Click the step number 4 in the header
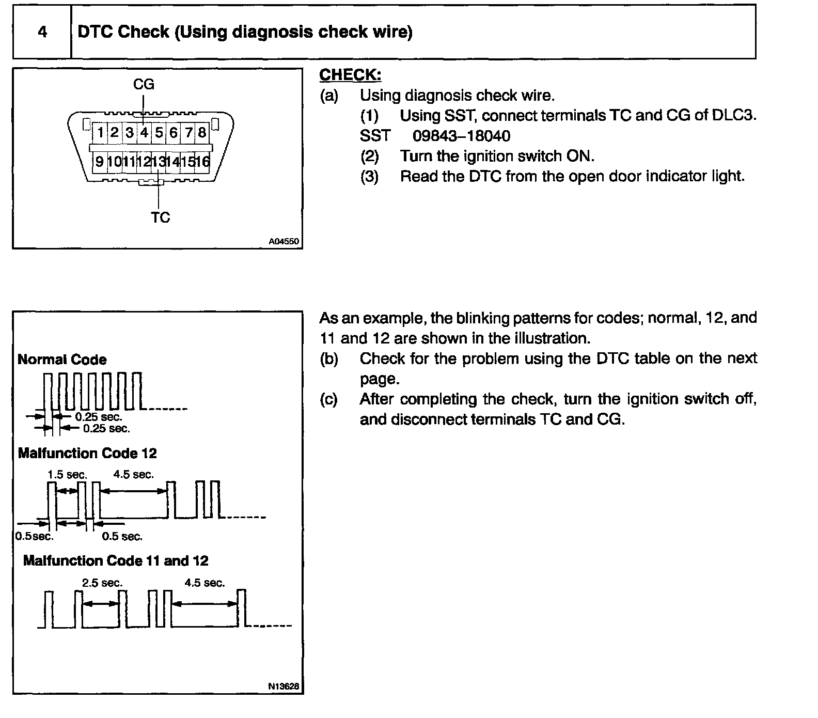pos(42,32)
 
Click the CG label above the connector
pos(144,84)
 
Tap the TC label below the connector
pos(160,217)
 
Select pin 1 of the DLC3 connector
pos(100,133)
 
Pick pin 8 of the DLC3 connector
pos(202,133)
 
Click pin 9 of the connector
pos(99,162)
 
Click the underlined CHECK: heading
pos(350,75)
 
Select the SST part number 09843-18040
pos(461,136)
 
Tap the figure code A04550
pos(284,241)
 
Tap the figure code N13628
pos(284,686)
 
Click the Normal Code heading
pos(62,360)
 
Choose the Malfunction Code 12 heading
pos(87,454)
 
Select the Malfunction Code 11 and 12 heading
pos(116,560)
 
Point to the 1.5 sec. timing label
pos(67,474)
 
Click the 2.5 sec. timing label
pos(102,583)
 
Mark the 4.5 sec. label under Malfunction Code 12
pos(133,474)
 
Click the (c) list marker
pos(328,399)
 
